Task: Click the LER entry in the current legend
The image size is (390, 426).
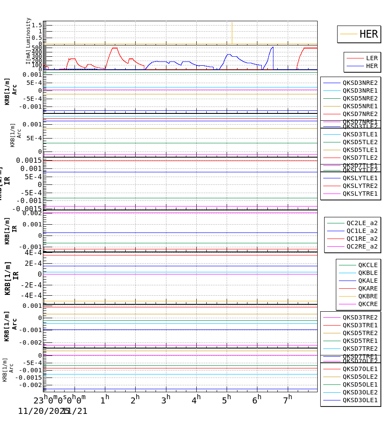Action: pos(372,58)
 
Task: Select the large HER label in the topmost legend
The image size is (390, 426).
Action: pos(368,34)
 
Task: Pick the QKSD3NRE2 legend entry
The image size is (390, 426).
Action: pos(360,83)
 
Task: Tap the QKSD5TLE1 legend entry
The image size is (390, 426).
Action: pos(360,150)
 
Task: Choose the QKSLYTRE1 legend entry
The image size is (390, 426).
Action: pos(360,194)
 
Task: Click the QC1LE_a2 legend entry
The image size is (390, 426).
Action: pos(362,231)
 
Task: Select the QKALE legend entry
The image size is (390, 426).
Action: pos(368,281)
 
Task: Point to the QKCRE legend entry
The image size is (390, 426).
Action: pos(368,304)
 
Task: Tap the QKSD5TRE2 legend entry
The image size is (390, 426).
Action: pos(360,333)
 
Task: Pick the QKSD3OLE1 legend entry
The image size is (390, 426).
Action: pos(360,400)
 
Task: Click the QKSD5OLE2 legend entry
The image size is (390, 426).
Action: pos(360,377)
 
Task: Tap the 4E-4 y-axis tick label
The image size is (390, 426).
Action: pos(33,252)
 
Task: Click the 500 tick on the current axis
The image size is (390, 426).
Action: pos(37,48)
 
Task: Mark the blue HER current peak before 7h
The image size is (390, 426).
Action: pos(273,47)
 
